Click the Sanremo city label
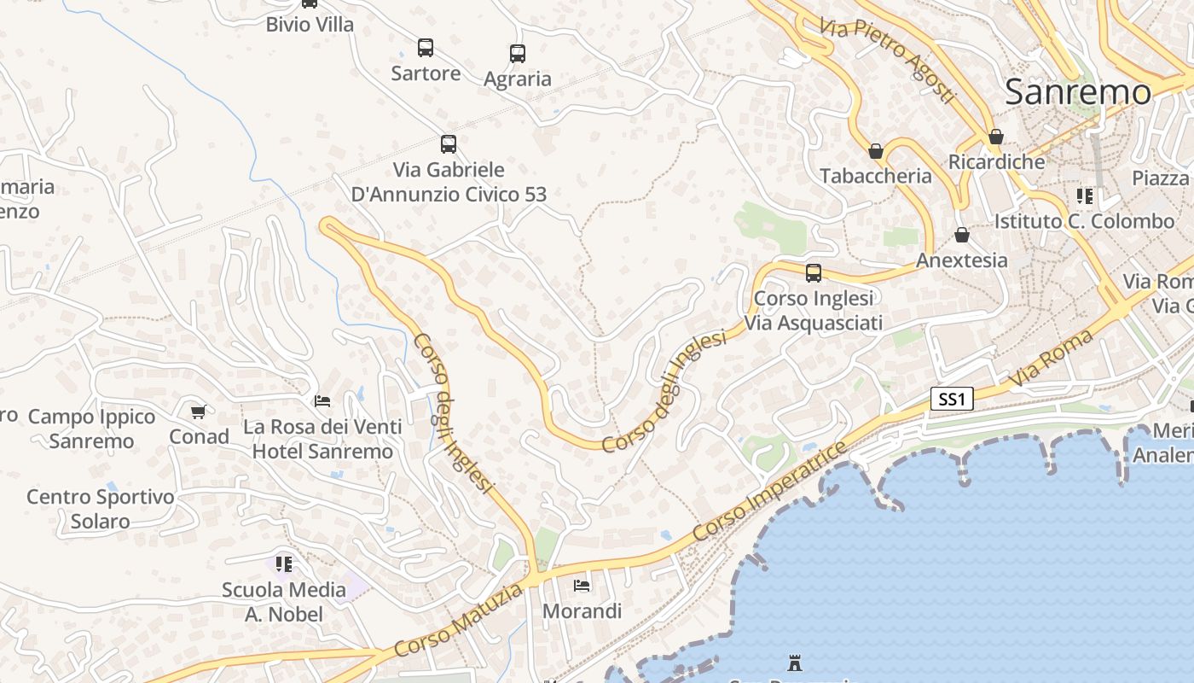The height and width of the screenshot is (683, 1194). coord(1078,92)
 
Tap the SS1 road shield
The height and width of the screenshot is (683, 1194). coord(952,399)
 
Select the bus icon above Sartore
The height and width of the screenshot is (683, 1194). coord(426,48)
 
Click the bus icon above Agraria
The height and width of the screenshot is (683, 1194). coord(518,54)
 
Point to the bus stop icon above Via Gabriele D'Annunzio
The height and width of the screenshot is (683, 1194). coord(449,144)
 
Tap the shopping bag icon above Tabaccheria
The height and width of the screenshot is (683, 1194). coord(876,151)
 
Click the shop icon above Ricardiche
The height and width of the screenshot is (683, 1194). coord(996,137)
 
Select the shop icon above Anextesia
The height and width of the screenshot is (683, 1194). coord(962,235)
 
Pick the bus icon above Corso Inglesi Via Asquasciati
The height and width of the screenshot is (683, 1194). coord(814,273)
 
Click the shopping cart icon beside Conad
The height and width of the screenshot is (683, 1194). coord(199,412)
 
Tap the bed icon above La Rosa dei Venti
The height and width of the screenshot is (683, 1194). coord(322,400)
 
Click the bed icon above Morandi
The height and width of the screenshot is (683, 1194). coord(582,586)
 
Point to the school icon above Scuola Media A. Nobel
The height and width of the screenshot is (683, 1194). coord(284,564)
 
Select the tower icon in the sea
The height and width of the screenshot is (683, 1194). coord(795,663)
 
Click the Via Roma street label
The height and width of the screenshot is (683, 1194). coord(1051,359)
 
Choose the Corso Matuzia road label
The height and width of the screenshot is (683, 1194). coord(459,622)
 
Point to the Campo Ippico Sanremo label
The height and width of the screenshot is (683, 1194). coord(92,429)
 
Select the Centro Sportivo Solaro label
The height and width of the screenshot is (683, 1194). coord(101,509)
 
